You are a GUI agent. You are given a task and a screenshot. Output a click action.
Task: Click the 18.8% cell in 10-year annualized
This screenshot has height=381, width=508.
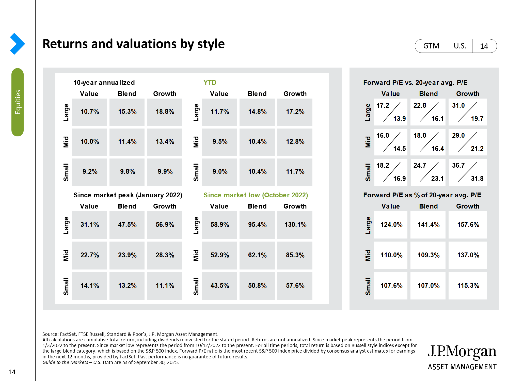(x=165, y=112)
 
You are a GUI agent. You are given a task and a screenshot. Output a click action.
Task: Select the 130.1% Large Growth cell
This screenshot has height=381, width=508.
(x=295, y=225)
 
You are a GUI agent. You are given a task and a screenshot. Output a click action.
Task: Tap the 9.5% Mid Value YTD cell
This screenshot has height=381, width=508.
(x=220, y=142)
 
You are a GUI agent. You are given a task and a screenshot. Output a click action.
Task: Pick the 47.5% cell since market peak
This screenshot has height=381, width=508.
(x=127, y=225)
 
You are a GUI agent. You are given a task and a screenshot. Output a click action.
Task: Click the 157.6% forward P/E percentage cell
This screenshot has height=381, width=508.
(x=468, y=225)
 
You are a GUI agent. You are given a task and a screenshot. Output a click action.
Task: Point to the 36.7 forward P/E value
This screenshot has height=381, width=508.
(x=458, y=165)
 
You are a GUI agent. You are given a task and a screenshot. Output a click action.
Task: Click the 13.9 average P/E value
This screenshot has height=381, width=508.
(x=399, y=119)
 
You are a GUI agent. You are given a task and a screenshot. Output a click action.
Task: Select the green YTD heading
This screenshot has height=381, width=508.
(x=210, y=83)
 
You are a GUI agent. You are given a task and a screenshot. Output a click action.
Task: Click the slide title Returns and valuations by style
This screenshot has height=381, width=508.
(x=134, y=44)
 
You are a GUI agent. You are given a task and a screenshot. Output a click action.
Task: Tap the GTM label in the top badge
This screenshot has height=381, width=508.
(x=431, y=46)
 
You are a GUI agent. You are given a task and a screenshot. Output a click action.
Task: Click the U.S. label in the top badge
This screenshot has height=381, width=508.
(x=460, y=46)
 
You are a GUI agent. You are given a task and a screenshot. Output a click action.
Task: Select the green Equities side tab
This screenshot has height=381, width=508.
(x=18, y=102)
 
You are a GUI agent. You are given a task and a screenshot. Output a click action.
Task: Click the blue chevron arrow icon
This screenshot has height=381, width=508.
(x=17, y=44)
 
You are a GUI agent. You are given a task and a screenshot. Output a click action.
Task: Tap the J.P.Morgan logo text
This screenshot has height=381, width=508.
(x=462, y=352)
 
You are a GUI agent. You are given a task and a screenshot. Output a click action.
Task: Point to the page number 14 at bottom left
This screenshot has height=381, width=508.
(x=12, y=372)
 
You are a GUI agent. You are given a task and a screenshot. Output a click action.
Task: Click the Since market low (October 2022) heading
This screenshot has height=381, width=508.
(x=256, y=195)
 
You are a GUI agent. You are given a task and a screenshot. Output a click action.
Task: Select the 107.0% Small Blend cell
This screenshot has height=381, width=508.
(x=428, y=286)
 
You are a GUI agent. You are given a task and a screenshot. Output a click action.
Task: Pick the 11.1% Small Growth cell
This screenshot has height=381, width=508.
(x=165, y=286)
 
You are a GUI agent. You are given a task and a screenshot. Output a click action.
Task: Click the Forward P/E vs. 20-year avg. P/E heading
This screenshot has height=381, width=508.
(x=415, y=83)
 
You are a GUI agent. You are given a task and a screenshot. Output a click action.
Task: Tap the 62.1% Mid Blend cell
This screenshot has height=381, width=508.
(x=257, y=255)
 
